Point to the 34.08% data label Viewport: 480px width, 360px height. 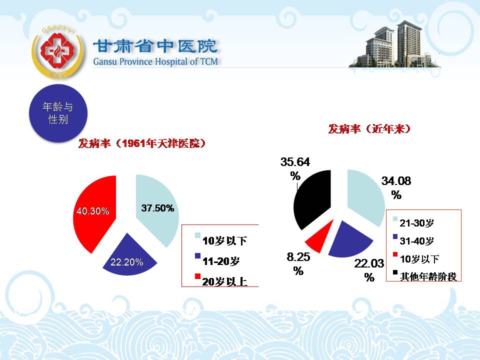pos(396,187)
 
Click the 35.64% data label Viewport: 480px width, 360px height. pos(295,168)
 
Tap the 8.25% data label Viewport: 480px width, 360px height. pos(298,263)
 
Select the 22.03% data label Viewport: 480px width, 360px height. pos(369,270)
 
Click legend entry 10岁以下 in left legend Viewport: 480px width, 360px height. pos(221,240)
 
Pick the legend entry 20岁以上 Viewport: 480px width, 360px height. pos(221,281)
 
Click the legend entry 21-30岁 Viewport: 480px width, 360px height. pos(413,222)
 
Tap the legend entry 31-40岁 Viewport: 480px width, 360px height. pos(413,240)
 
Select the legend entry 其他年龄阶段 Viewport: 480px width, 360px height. pos(425,276)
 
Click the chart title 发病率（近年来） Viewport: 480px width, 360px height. pos(369,129)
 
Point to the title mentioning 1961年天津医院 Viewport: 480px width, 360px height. pos(141,143)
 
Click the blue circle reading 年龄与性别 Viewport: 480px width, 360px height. pos(58,113)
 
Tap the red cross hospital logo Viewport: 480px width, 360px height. pos(58,51)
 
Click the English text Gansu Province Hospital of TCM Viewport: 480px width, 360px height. pos(155,61)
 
